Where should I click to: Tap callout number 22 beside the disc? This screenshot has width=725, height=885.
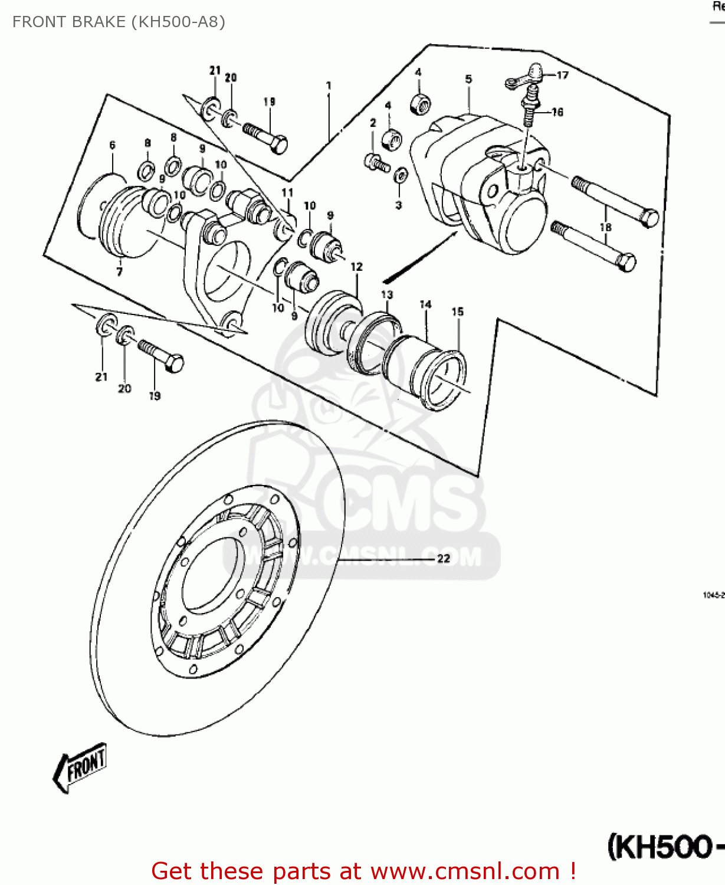(444, 558)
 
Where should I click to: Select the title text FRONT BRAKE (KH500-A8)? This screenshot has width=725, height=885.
(119, 22)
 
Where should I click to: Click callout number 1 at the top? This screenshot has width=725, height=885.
(329, 86)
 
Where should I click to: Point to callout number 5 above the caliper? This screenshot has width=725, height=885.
(468, 78)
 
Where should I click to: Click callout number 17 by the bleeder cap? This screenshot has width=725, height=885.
(562, 75)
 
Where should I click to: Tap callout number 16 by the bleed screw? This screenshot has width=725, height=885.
(557, 112)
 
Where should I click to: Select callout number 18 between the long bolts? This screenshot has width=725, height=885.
(605, 227)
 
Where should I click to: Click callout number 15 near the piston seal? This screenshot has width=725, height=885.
(458, 312)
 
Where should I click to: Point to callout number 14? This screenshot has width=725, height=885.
(425, 304)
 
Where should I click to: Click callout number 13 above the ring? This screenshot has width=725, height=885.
(387, 294)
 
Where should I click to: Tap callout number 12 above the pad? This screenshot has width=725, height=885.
(356, 267)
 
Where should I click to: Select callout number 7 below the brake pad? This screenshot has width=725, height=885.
(119, 271)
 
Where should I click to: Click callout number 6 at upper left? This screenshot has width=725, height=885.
(112, 145)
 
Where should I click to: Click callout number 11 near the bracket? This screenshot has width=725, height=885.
(287, 192)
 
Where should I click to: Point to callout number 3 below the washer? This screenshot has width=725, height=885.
(399, 205)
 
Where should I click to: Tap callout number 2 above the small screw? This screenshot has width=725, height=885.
(373, 123)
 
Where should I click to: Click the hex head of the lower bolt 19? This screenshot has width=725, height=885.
(175, 363)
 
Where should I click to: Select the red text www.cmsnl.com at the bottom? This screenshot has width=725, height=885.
(466, 871)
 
